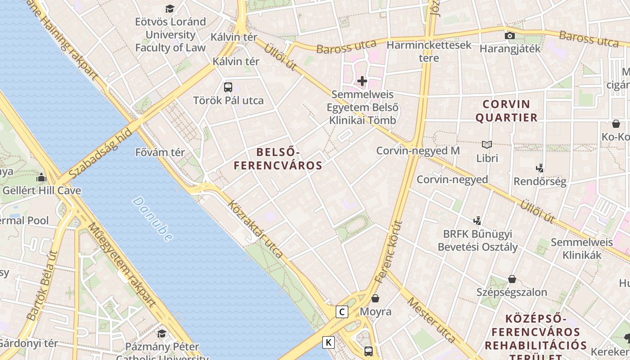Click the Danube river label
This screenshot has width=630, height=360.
click(153, 219)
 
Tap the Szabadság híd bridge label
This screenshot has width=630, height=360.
click(100, 153)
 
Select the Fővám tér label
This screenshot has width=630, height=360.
click(160, 153)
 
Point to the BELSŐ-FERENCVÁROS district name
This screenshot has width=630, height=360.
click(278, 159)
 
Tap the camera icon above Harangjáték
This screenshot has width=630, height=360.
click(509, 36)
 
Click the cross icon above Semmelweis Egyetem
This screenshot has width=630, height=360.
click(362, 81)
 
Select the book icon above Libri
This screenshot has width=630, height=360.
click(487, 145)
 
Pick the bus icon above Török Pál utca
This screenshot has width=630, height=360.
click(228, 87)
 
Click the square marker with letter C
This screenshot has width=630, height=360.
click(342, 311)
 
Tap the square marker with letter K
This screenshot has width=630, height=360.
click(328, 342)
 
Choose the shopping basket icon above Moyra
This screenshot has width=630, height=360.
click(375, 298)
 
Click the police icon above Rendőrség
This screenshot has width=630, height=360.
click(540, 168)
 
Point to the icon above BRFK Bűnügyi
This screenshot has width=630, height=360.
click(477, 220)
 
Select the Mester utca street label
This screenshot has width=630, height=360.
click(432, 320)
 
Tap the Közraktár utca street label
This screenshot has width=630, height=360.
click(256, 229)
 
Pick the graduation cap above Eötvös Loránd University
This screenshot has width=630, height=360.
click(170, 9)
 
